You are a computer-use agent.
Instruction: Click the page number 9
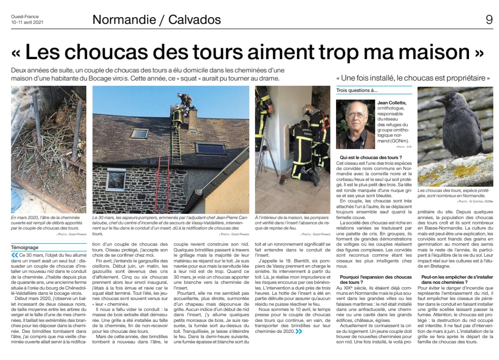click(x=489, y=20)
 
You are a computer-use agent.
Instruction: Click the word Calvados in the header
click(x=195, y=20)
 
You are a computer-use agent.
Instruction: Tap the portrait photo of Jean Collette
click(x=355, y=125)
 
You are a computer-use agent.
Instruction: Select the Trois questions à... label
click(x=356, y=90)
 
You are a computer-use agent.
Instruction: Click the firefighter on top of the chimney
click(x=184, y=100)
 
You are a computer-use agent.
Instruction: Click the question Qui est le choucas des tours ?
click(x=371, y=157)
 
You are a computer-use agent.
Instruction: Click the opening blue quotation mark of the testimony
click(x=15, y=254)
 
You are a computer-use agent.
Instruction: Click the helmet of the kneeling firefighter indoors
click(x=307, y=110)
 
